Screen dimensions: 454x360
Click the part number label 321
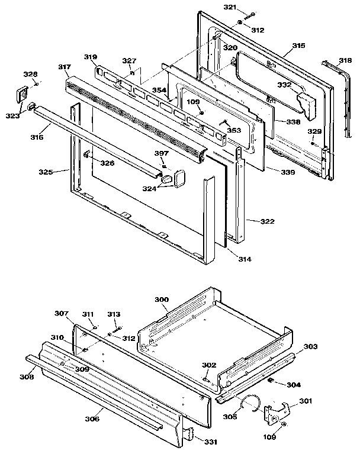pyautogui.click(x=230, y=7)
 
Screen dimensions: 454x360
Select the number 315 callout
pyautogui.click(x=298, y=46)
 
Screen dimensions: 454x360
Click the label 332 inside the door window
pyautogui.click(x=285, y=86)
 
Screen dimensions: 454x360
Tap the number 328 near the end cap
pyautogui.click(x=30, y=74)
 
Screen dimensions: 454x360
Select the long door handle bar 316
pyautogui.click(x=95, y=139)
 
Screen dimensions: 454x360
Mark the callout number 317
pyautogui.click(x=64, y=67)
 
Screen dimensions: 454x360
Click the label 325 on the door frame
pyautogui.click(x=45, y=172)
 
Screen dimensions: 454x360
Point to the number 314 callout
pyautogui.click(x=245, y=259)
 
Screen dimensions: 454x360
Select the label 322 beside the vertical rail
pyautogui.click(x=267, y=221)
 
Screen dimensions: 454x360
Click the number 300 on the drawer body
pyautogui.click(x=162, y=300)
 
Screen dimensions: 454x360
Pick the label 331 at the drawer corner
pyautogui.click(x=210, y=442)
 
